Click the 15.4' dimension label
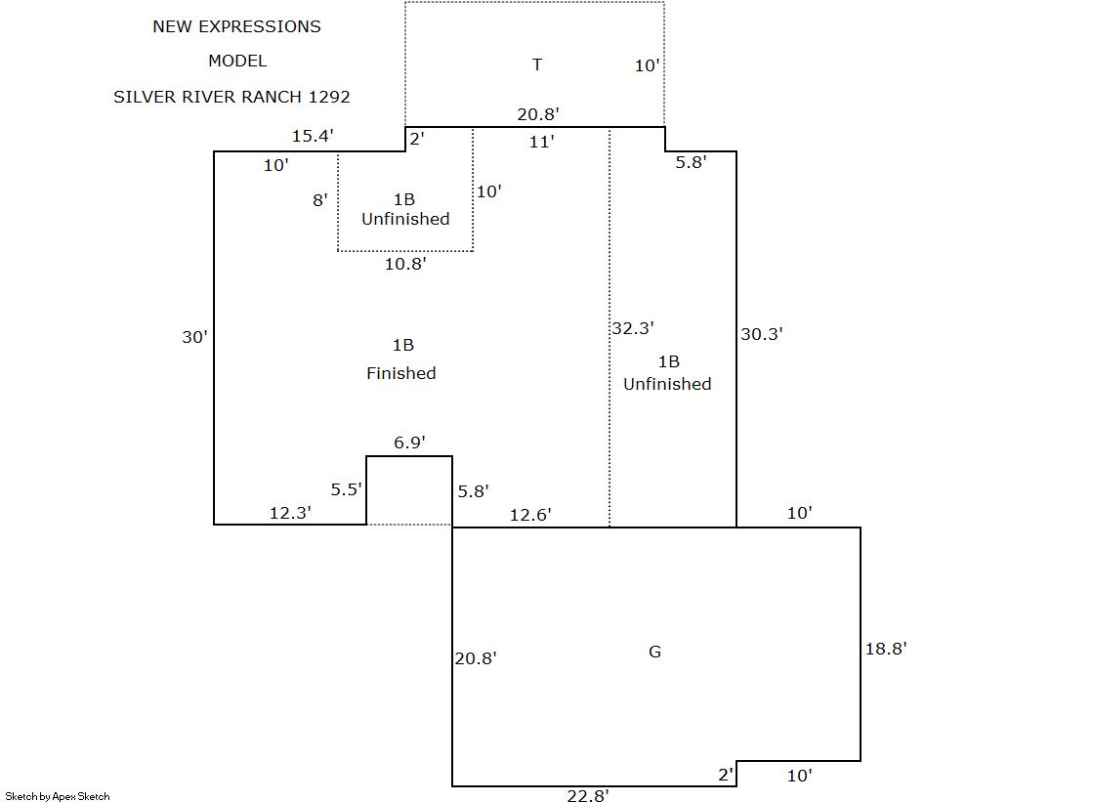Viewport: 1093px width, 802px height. (313, 137)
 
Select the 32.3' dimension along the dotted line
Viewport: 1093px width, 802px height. (632, 328)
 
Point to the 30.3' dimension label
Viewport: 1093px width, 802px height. (762, 333)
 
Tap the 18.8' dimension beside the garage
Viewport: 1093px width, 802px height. (886, 649)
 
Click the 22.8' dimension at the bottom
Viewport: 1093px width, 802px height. (588, 795)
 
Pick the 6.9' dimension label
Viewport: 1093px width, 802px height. (409, 443)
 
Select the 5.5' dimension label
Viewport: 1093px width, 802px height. (347, 489)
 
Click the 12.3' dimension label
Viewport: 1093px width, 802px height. (290, 512)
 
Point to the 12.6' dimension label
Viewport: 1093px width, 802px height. (530, 515)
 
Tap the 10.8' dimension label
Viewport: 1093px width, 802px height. (405, 264)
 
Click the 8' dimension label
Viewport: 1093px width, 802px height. (319, 200)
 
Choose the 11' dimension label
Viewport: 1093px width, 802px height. (541, 142)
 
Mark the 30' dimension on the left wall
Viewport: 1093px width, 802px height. (194, 337)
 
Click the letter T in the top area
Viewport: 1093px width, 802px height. (537, 64)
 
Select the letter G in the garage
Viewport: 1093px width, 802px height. (654, 652)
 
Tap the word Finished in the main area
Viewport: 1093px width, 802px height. (401, 373)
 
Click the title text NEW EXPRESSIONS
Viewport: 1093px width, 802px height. (236, 26)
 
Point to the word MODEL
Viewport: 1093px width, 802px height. (236, 61)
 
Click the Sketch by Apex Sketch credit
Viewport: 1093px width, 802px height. (58, 796)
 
